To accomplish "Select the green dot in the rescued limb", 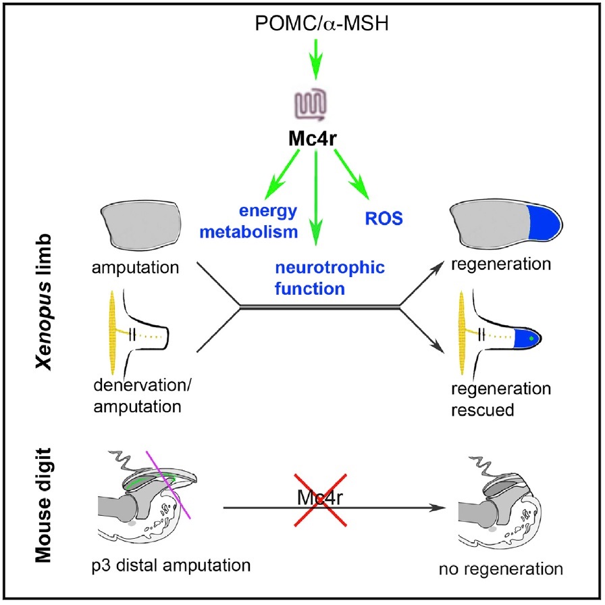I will coord(532,336).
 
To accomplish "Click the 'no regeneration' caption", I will coord(508,569).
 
